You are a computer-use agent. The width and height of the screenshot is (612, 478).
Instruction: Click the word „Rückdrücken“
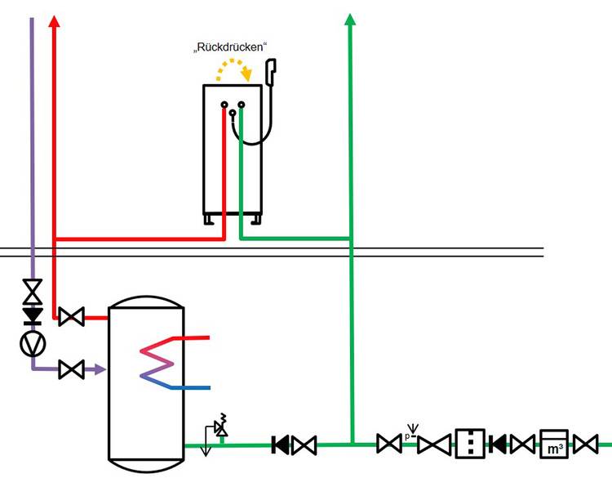click(230, 48)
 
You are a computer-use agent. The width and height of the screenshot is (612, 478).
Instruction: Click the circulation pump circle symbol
click(33, 344)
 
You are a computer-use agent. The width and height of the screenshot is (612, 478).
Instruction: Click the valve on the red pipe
click(71, 316)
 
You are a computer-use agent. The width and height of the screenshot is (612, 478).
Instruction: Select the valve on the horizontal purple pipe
click(71, 370)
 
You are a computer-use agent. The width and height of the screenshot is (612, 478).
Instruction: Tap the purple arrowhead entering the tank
click(100, 370)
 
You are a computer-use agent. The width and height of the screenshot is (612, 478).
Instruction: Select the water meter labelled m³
click(554, 444)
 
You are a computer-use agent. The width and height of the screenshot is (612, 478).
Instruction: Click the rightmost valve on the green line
click(585, 445)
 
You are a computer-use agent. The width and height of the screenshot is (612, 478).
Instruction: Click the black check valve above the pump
click(33, 315)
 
